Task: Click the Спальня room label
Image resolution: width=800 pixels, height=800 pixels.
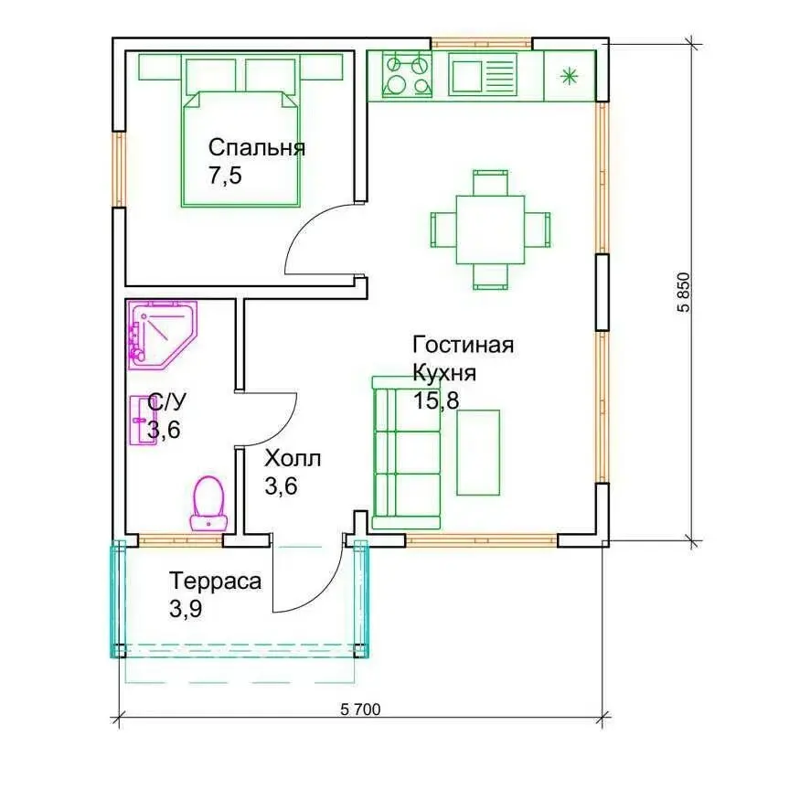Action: point(257,148)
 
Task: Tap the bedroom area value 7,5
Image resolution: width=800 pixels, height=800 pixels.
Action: point(225,176)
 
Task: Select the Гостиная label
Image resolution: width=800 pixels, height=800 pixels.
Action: point(463,345)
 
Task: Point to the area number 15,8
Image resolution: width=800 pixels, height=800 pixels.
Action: point(436,400)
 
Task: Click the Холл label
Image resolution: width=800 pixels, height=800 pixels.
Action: point(293,459)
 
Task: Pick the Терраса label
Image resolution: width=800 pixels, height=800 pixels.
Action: point(215,581)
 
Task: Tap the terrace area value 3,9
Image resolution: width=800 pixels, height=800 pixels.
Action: point(186,609)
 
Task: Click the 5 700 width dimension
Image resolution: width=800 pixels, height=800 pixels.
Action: point(360,709)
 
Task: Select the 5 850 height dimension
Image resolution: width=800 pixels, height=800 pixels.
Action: point(683,292)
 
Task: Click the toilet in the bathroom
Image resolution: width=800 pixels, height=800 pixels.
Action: point(209,504)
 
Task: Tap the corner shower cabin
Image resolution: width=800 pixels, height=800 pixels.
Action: point(162,335)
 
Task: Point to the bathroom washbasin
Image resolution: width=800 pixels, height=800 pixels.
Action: point(143,421)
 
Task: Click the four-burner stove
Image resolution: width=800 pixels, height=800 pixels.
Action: point(407,76)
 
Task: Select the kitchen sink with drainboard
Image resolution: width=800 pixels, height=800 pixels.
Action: point(483,76)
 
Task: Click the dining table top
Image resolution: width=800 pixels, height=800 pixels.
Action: point(490,229)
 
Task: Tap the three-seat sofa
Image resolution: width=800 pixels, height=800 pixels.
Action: point(407,453)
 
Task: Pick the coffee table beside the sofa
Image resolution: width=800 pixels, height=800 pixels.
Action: point(478,453)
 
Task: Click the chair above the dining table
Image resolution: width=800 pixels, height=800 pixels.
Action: point(490,183)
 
